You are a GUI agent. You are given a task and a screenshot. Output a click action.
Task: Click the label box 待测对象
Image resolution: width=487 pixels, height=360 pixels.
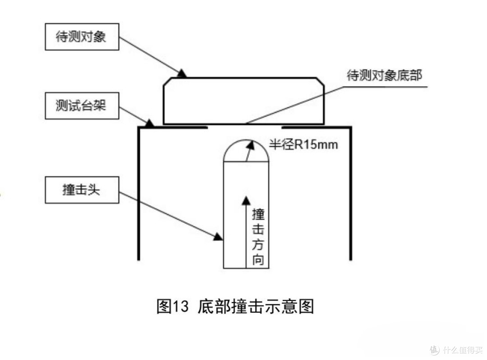point(82,37)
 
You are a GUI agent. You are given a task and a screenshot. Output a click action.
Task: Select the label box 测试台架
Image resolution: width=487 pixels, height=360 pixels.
point(82,106)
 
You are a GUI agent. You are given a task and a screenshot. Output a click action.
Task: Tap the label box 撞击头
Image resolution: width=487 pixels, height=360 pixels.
point(82,190)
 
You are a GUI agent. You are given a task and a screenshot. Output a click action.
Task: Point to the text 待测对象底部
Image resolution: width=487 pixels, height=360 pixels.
point(385,75)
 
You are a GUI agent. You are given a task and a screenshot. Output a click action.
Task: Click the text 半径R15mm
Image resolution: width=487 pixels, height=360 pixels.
point(303,145)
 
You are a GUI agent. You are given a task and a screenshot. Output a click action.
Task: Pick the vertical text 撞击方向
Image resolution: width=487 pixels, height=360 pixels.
point(258,237)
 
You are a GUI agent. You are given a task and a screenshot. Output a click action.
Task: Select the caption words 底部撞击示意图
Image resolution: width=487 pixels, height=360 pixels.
point(256,306)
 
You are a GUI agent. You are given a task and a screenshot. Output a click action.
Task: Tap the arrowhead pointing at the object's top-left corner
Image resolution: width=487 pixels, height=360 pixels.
point(182,74)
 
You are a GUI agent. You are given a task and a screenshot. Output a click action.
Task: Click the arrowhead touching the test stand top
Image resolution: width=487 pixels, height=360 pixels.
point(150,124)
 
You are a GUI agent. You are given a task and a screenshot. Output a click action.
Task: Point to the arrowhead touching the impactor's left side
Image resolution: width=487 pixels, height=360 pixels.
point(218,237)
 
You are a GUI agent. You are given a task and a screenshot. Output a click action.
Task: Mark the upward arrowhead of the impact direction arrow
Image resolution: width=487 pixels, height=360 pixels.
point(246,201)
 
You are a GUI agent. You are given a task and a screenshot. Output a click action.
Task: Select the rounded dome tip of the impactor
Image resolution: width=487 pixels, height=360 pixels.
point(246,141)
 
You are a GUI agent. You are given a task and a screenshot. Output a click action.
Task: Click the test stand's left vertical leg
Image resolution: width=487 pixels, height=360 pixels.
point(138,193)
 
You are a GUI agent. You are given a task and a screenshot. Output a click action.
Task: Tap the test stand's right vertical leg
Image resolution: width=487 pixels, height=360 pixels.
point(351,193)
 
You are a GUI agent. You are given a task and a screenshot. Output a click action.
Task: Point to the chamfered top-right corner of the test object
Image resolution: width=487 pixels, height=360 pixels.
point(321,81)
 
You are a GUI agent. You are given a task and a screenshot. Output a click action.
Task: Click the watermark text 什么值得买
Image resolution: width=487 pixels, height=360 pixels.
point(463,350)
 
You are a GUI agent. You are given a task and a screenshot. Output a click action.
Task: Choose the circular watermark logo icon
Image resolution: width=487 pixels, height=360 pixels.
point(435,350)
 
